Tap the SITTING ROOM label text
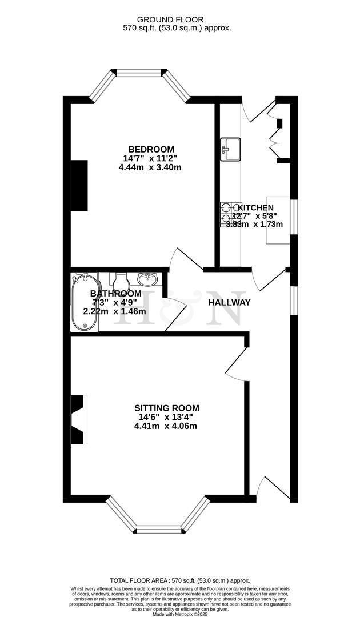(167, 408)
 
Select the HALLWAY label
(229, 302)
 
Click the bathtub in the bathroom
(84, 302)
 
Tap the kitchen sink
(230, 148)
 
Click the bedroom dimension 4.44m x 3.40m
(150, 167)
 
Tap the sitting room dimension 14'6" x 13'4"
(166, 417)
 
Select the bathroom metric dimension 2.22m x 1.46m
(115, 311)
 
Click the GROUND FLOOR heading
(179, 19)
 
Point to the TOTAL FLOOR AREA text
(180, 580)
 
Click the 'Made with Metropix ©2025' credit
(180, 614)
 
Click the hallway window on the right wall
(293, 300)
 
